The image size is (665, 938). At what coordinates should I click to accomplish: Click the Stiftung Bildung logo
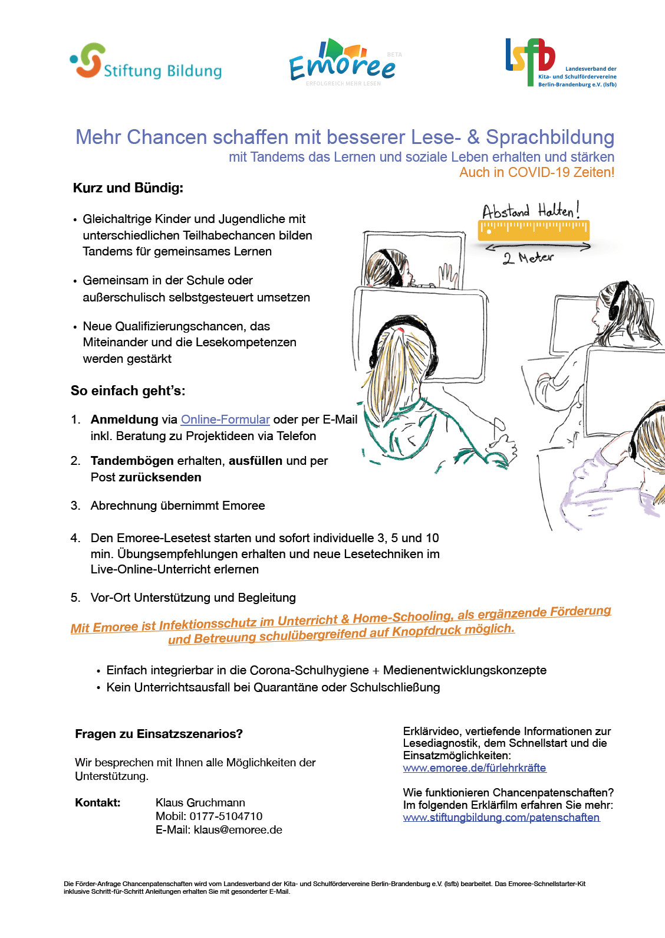[146, 61]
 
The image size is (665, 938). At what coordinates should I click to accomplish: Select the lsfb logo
[559, 63]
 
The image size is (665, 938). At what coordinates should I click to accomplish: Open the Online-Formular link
[225, 419]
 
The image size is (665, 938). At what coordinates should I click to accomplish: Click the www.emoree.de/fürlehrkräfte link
[475, 768]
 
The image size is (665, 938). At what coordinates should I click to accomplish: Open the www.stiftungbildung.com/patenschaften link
[501, 817]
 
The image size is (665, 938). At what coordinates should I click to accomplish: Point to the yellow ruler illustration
[533, 229]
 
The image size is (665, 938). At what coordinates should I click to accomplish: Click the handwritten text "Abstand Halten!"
[531, 210]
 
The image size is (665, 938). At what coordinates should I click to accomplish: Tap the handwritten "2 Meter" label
[528, 258]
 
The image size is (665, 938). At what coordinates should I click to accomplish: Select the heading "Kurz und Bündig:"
[128, 188]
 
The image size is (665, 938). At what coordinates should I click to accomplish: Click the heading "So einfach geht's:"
[128, 391]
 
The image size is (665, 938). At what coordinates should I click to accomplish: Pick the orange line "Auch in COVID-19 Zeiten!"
[536, 172]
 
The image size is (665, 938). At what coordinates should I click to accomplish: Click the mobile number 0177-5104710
[226, 816]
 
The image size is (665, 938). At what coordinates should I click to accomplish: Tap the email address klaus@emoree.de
[238, 829]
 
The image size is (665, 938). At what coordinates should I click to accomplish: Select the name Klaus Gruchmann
[200, 802]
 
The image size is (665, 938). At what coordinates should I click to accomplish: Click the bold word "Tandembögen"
[132, 461]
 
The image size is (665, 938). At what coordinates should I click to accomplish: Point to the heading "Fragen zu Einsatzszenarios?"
[159, 734]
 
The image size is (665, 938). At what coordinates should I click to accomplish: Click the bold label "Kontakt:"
[98, 802]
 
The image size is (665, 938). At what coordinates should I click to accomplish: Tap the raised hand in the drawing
[448, 276]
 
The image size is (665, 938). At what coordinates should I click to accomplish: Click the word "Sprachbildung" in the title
[549, 137]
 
